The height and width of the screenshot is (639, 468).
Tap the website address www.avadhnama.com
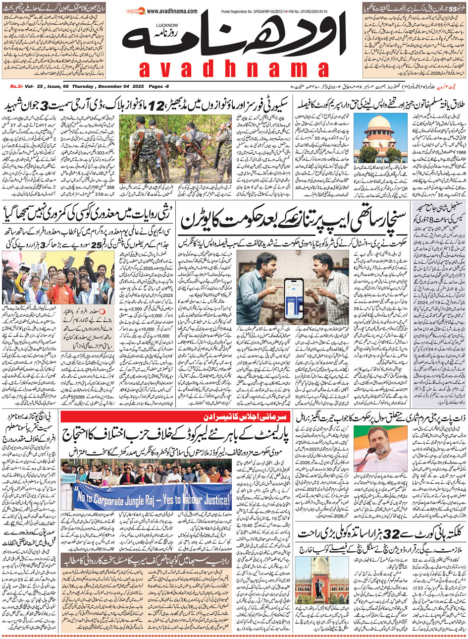pos(172,11)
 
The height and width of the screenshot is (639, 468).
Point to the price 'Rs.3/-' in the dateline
pos(17,87)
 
